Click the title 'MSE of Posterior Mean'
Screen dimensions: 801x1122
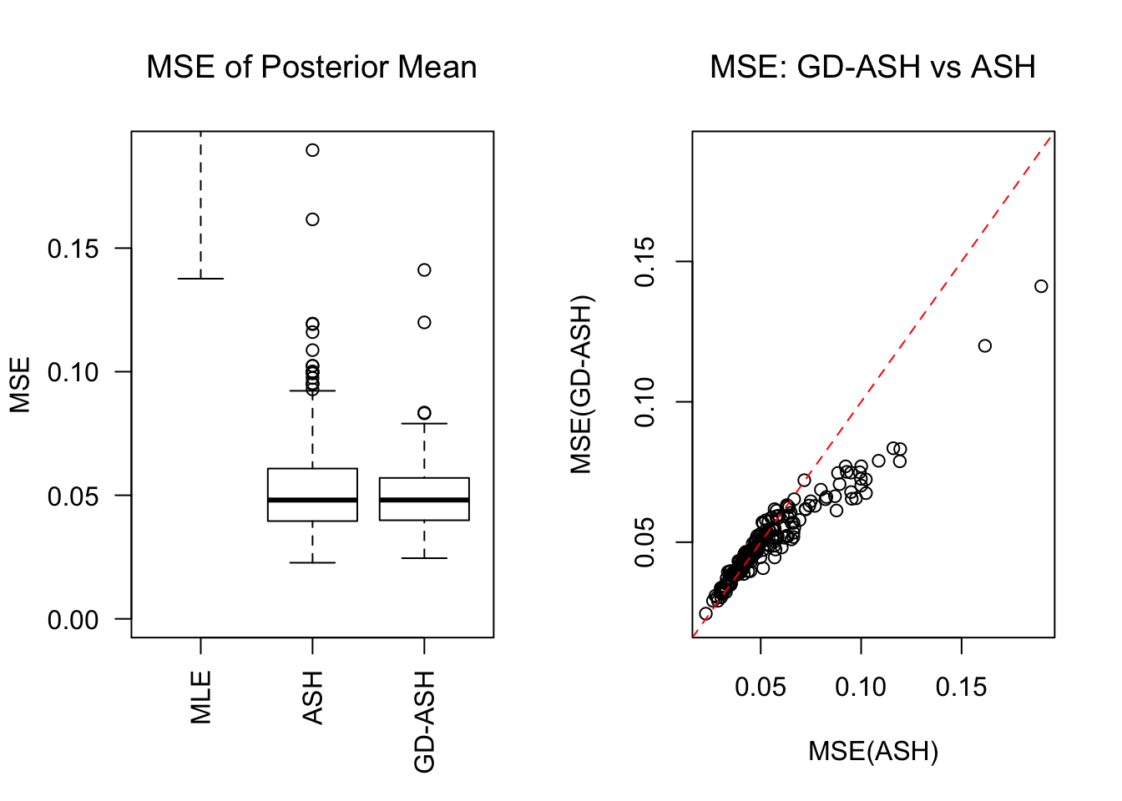coord(311,67)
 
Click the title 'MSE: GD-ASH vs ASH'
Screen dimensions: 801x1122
coord(872,67)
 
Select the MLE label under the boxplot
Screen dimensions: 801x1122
coord(201,697)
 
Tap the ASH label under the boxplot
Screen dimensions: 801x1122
coord(312,697)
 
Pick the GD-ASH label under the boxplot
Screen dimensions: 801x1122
coord(425,722)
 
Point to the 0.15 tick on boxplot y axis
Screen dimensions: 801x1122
coord(73,249)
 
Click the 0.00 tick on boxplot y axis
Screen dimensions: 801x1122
coord(73,620)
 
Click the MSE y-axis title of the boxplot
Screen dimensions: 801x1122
coord(20,385)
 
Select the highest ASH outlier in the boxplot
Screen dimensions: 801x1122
coord(312,150)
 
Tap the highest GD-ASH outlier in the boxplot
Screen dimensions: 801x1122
coord(424,270)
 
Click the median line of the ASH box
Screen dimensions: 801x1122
coord(312,500)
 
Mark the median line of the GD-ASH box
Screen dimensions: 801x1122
coord(424,500)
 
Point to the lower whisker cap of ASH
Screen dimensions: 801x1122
coord(312,563)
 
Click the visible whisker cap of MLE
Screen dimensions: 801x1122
coord(201,279)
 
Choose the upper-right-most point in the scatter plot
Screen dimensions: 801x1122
coord(1041,286)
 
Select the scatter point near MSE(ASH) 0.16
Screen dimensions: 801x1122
coord(985,345)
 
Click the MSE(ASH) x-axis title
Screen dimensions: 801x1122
coord(873,751)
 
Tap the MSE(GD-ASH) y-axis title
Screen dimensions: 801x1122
coord(581,385)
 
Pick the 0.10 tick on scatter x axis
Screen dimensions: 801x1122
coord(861,688)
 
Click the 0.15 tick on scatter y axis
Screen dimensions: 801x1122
coord(644,261)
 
